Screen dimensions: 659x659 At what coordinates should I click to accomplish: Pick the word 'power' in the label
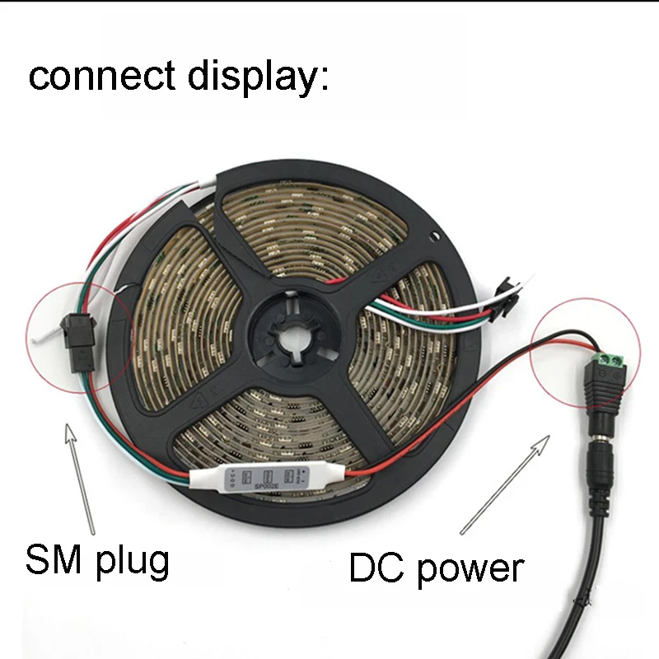(x=470, y=570)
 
